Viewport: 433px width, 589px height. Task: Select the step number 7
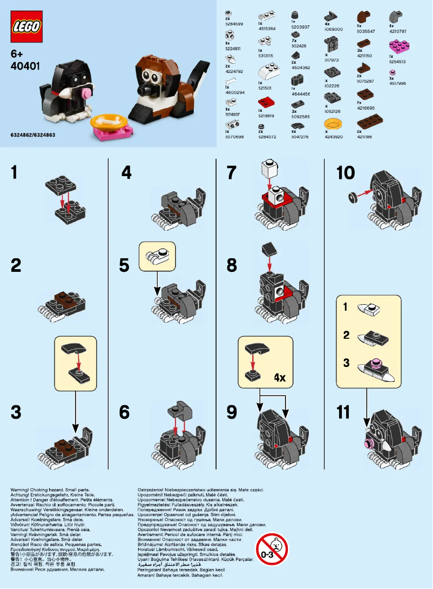(x=232, y=173)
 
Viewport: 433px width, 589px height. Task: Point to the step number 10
(x=346, y=173)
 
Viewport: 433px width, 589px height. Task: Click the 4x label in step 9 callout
(x=279, y=378)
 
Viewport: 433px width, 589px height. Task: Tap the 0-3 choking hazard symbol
(x=272, y=549)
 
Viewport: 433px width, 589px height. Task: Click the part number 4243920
(x=334, y=137)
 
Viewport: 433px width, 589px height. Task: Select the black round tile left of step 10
(x=354, y=197)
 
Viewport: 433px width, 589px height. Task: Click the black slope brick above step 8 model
(x=268, y=249)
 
